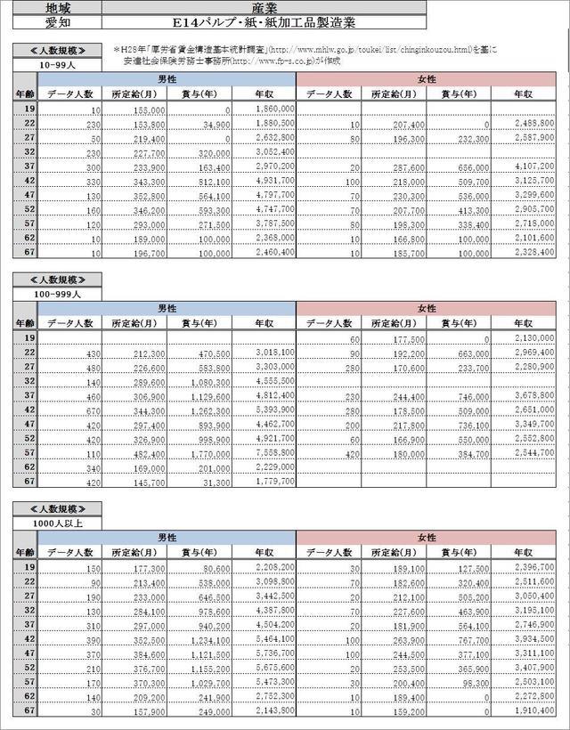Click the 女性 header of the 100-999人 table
(426, 308)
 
